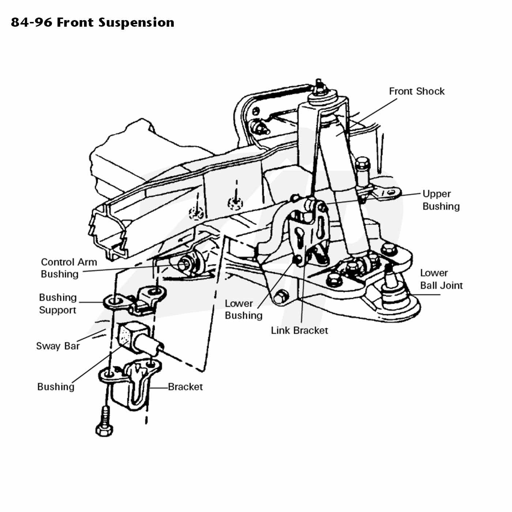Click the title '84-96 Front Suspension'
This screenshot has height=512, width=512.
pyautogui.click(x=93, y=22)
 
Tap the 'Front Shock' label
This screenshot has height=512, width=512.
pyautogui.click(x=416, y=91)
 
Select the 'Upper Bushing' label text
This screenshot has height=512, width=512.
pyautogui.click(x=441, y=200)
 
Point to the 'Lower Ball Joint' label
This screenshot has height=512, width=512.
pyautogui.click(x=441, y=279)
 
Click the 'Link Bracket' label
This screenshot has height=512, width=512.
pyautogui.click(x=299, y=331)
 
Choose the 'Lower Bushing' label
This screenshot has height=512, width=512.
pyautogui.click(x=243, y=309)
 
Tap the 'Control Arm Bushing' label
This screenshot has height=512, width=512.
pyautogui.click(x=68, y=268)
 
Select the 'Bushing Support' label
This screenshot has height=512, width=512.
pyautogui.click(x=58, y=304)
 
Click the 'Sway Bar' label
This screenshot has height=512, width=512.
pyautogui.click(x=58, y=346)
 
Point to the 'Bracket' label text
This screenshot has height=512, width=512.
pyautogui.click(x=185, y=387)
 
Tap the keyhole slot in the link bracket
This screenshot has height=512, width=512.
pyautogui.click(x=300, y=237)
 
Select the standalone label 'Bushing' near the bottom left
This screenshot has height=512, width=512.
pyautogui.click(x=56, y=387)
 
